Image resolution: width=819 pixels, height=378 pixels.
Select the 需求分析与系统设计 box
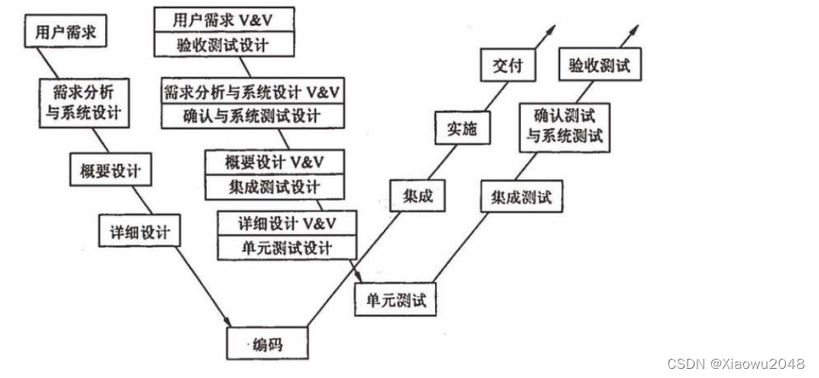(x=80, y=103)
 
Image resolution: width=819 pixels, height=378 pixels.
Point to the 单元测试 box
(x=396, y=297)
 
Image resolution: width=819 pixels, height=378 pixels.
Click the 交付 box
(x=505, y=65)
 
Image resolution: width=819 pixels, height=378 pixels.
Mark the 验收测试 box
(x=599, y=65)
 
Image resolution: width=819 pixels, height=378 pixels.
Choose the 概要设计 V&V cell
(x=274, y=162)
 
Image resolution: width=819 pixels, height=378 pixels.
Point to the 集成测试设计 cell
(x=274, y=187)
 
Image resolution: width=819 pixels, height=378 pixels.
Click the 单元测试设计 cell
(x=286, y=247)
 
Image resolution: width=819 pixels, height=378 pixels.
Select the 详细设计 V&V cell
(x=286, y=222)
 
